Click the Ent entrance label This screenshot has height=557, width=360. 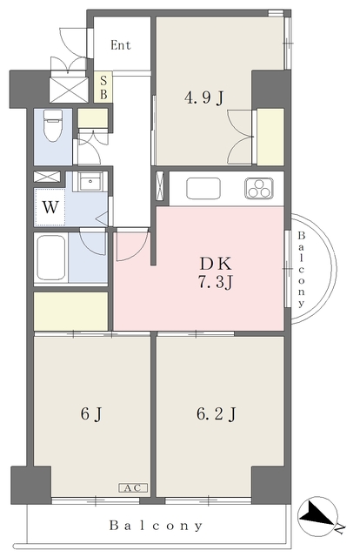pos(121,45)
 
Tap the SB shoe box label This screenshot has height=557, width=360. pos(103,87)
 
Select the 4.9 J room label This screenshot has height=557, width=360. pos(204,97)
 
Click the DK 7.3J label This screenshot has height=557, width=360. pos(216,273)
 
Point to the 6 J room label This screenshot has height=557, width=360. pos(91,413)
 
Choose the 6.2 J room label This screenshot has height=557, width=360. pos(217,413)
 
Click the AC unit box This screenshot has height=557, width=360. pos(133,487)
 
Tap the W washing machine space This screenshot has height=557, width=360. pos(50,207)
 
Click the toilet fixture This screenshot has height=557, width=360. pos(52,125)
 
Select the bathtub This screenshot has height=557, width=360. pos(51,258)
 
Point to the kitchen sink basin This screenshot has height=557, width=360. pos(203,189)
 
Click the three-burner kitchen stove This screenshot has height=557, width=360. pos(259,188)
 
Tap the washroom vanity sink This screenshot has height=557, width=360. pos(91,182)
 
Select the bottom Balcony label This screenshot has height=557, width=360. pos(156,525)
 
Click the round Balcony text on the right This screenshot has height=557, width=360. pos(301,269)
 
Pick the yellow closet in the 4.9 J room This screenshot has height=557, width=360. pos(270,137)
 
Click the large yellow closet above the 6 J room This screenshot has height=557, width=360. pos(70,312)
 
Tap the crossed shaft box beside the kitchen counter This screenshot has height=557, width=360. pos(161,189)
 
